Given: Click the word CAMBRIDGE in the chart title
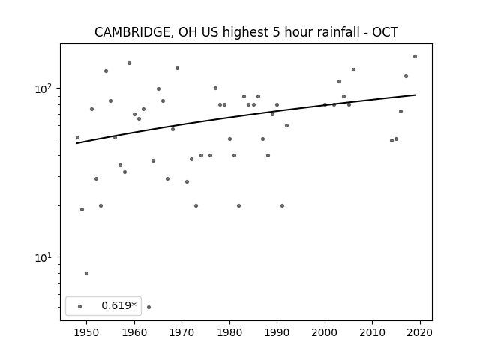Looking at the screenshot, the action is [132, 32].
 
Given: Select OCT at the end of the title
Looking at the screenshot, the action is [385, 32].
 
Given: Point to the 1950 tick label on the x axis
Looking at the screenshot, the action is [87, 332].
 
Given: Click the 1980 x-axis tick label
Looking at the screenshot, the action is [229, 332].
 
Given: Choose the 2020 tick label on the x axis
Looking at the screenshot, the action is [420, 332].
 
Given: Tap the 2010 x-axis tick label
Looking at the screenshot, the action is [373, 332].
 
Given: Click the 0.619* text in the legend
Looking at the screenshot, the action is [118, 305].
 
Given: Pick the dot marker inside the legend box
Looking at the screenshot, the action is [80, 306].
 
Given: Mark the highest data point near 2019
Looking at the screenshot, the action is [415, 57].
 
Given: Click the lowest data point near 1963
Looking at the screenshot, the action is [148, 307].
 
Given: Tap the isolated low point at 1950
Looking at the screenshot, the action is [87, 273].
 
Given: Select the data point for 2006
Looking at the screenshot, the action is [353, 70].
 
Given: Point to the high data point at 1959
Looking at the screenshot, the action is [130, 63].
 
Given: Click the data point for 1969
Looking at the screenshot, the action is [177, 68].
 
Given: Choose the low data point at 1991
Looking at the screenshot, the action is [282, 206].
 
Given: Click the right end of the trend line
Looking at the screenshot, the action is [415, 95].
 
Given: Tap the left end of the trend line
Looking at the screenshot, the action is [76, 143].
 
